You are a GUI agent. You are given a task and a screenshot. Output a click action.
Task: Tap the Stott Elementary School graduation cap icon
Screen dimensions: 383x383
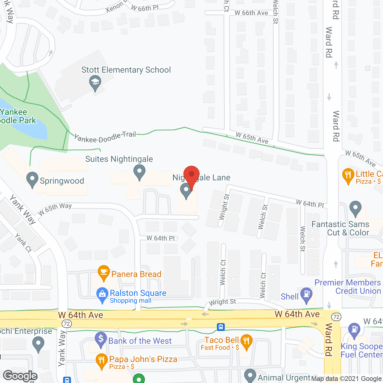(95, 82)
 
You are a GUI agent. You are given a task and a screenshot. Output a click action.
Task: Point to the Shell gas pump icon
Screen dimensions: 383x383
(306, 294)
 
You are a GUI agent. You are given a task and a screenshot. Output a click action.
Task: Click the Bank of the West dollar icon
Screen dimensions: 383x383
(101, 339)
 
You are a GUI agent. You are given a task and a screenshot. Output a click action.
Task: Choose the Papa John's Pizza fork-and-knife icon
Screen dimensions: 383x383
(102, 361)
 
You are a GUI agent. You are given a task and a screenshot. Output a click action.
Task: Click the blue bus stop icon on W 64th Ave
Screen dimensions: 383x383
(221, 327)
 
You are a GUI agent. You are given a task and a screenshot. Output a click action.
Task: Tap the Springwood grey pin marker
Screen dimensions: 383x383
(32, 179)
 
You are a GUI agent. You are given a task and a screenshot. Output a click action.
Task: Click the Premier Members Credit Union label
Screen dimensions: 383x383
(348, 287)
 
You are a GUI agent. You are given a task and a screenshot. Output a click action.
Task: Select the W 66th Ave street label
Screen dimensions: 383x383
(251, 13)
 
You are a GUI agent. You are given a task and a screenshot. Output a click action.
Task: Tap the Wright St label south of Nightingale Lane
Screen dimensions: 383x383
(224, 206)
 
